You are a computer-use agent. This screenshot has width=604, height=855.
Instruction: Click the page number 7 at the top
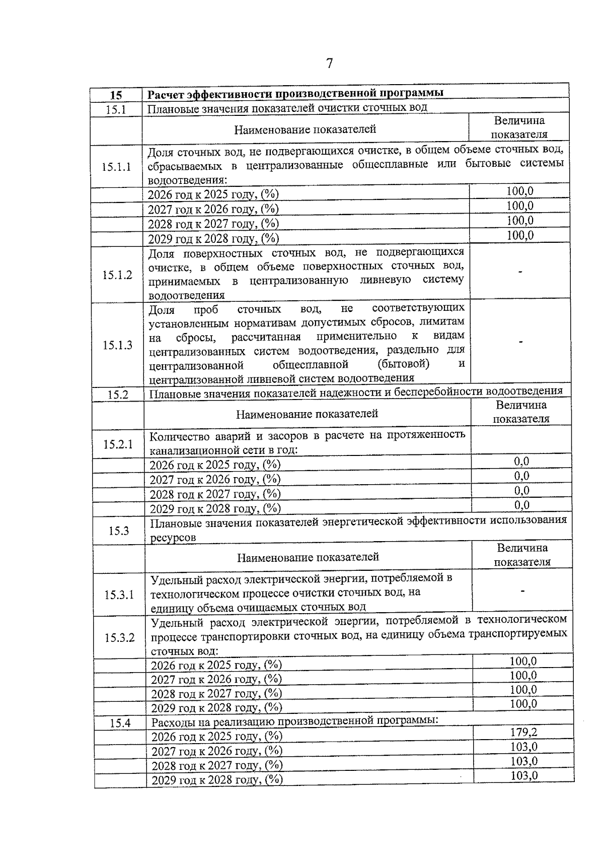pyautogui.click(x=329, y=63)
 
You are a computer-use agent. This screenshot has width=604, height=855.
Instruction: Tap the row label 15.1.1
pyautogui.click(x=116, y=167)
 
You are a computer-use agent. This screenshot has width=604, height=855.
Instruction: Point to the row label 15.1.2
pyautogui.click(x=117, y=275)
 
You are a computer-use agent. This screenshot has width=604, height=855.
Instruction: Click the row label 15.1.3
pyautogui.click(x=118, y=345)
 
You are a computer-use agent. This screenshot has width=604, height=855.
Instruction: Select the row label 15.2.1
pyautogui.click(x=118, y=444)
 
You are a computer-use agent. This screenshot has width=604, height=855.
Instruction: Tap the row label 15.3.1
pyautogui.click(x=119, y=595)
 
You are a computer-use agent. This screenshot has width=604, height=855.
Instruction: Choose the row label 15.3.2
pyautogui.click(x=120, y=637)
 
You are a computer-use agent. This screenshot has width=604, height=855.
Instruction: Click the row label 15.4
pyautogui.click(x=120, y=723)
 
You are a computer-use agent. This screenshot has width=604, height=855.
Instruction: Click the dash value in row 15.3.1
pyautogui.click(x=523, y=590)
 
